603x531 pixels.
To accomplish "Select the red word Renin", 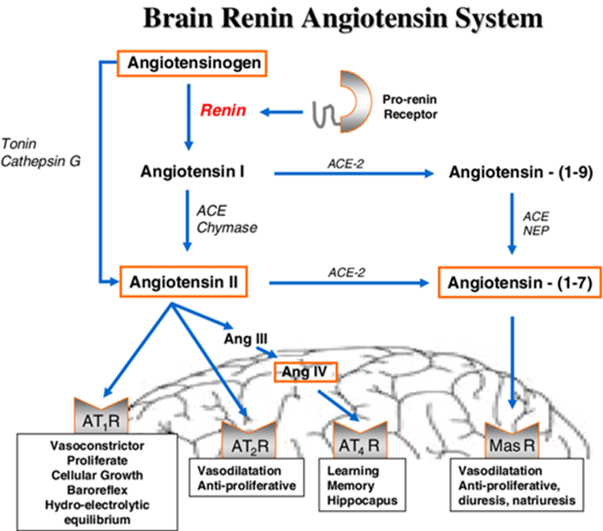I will tap(223, 110).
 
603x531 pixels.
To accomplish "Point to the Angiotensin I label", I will tap(193, 172).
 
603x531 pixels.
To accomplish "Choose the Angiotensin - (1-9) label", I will tap(520, 173).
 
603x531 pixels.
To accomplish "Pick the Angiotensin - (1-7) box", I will tap(520, 283).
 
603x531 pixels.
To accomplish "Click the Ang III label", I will tap(246, 339).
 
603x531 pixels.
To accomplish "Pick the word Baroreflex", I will tap(97, 489).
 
